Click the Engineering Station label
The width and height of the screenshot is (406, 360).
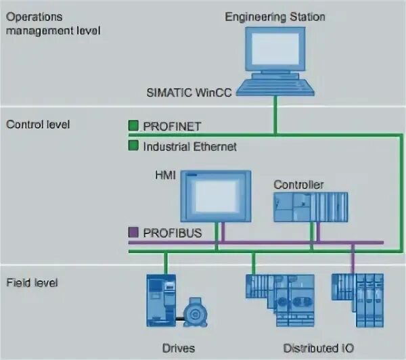275,16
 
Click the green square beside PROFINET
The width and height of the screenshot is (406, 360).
133,125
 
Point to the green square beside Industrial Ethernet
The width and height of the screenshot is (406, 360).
133,145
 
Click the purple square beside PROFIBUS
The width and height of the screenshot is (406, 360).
133,233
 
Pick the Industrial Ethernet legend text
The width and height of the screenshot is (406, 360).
189,145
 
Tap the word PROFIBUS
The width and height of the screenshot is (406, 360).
171,233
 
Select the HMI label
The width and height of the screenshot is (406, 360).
165,175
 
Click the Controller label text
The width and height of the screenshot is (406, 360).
298,184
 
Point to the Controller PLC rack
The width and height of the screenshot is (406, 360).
311,206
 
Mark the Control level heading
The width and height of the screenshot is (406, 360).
38,125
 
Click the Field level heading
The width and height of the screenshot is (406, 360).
32,282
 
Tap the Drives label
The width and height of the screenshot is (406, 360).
179,348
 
